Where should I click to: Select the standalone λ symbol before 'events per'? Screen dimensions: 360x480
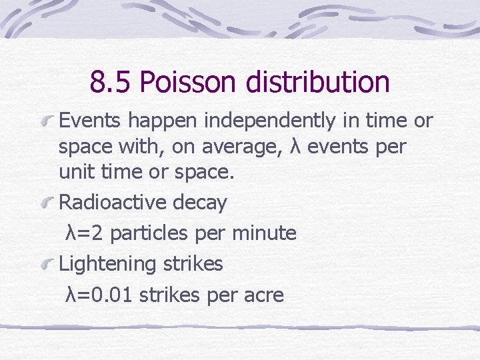coord(297,146)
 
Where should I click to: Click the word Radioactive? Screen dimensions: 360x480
coord(113,203)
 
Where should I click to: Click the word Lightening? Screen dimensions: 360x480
coord(107,264)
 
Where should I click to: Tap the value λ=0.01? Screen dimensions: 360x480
coord(99,294)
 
